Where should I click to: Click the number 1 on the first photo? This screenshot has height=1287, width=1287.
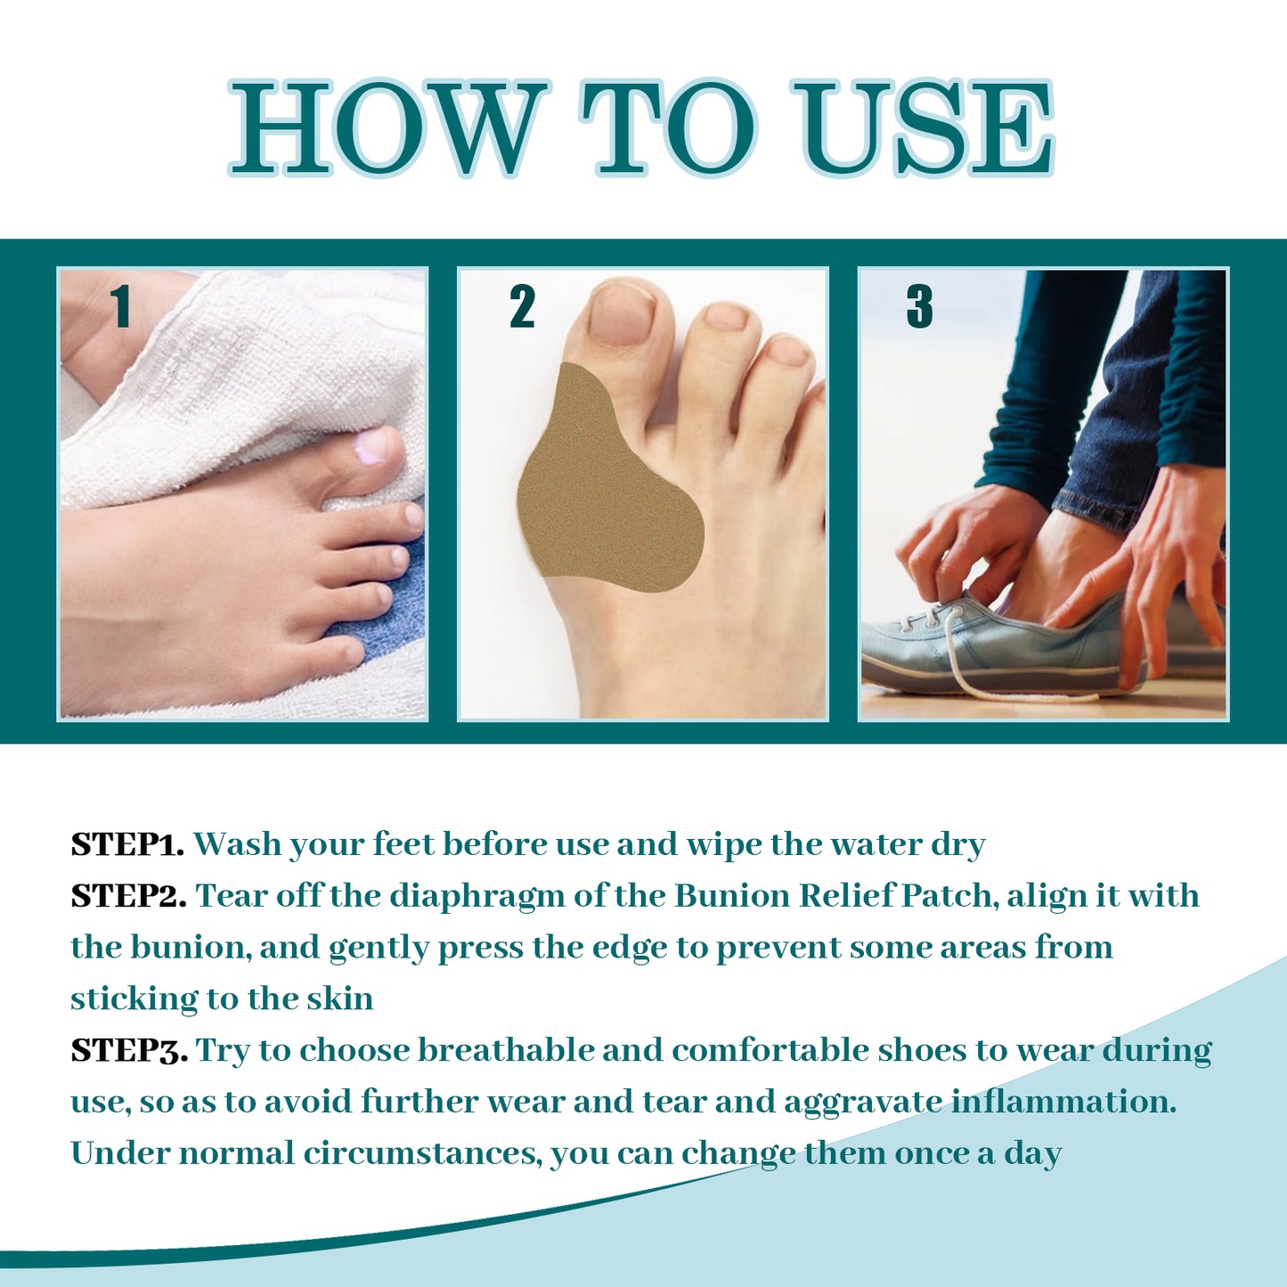click(121, 307)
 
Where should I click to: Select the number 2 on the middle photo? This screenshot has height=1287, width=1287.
click(522, 307)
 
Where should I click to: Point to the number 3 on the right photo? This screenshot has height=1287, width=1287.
click(919, 307)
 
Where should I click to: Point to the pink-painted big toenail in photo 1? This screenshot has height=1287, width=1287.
click(372, 445)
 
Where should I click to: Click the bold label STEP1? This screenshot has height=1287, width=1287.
click(127, 844)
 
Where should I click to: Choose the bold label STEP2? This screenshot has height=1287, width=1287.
click(128, 896)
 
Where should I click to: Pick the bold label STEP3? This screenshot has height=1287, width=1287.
click(129, 1051)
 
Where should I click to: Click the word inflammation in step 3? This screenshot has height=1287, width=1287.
click(1064, 1103)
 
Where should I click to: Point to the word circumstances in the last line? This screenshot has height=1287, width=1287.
click(422, 1154)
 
